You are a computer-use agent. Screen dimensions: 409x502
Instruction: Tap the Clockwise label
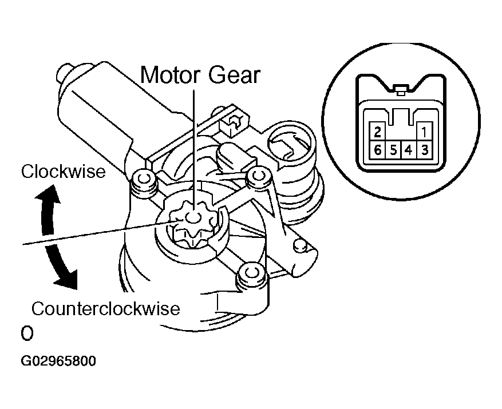tap(64, 171)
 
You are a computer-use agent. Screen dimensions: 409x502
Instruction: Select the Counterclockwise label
tap(106, 309)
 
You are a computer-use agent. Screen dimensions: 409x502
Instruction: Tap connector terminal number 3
tap(424, 150)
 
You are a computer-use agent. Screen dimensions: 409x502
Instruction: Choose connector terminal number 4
tap(408, 150)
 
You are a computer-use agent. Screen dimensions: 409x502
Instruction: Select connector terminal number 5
tap(393, 150)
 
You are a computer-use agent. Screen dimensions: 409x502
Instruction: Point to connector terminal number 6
tap(377, 150)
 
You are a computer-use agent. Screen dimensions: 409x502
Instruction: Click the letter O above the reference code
tap(26, 333)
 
